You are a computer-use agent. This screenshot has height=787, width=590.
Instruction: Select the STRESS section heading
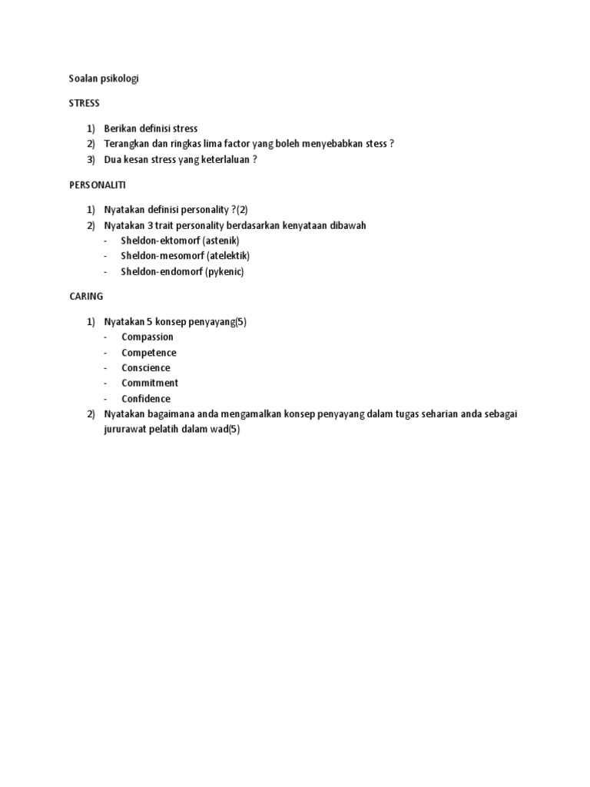pyautogui.click(x=85, y=103)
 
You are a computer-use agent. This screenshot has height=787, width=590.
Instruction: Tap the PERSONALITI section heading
pyautogui.click(x=98, y=185)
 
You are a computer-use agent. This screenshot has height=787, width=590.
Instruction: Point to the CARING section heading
pyautogui.click(x=86, y=296)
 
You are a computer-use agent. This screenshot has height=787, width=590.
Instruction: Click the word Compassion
pyautogui.click(x=147, y=337)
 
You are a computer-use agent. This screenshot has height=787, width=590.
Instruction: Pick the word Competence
pyautogui.click(x=149, y=353)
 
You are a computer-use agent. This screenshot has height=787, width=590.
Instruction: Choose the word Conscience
pyautogui.click(x=146, y=368)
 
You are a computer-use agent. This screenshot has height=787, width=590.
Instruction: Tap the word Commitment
pyautogui.click(x=150, y=383)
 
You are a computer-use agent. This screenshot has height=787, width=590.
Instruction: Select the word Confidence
pyautogui.click(x=146, y=399)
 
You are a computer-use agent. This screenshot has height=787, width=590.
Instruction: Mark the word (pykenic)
pyautogui.click(x=224, y=271)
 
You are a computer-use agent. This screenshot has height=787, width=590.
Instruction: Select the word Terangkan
pyautogui.click(x=128, y=144)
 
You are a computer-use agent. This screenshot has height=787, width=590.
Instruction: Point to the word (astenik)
pyautogui.click(x=221, y=241)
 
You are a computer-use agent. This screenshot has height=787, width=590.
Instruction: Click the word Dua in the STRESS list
pyautogui.click(x=113, y=160)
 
